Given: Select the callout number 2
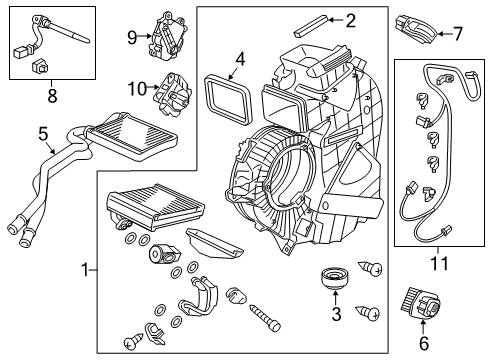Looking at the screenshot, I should coord(349,18).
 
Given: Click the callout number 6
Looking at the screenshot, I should coord(424,343).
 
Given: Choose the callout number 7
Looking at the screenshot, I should coord(458,34).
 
